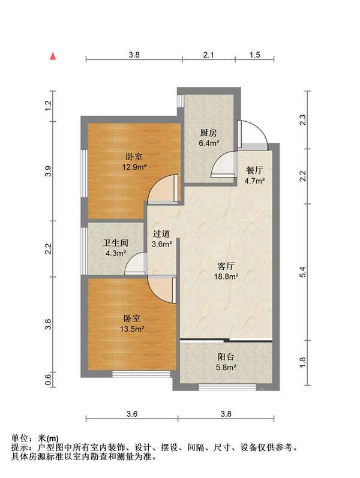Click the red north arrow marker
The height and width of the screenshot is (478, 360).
pyautogui.click(x=53, y=57)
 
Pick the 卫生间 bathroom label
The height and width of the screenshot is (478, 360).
pyautogui.click(x=116, y=243)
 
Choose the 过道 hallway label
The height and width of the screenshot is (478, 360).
pyautogui.click(x=162, y=235)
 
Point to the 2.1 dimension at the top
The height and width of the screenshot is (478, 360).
pyautogui.click(x=208, y=55)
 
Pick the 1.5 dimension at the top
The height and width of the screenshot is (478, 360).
pyautogui.click(x=254, y=55)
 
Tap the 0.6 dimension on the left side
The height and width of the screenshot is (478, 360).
pyautogui.click(x=49, y=378)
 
